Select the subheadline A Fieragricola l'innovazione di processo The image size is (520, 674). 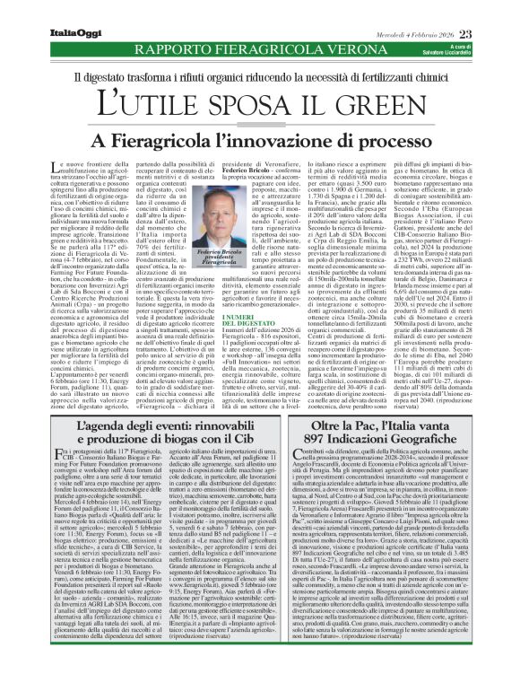point(260,141)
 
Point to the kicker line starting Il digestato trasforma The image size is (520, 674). point(260,76)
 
